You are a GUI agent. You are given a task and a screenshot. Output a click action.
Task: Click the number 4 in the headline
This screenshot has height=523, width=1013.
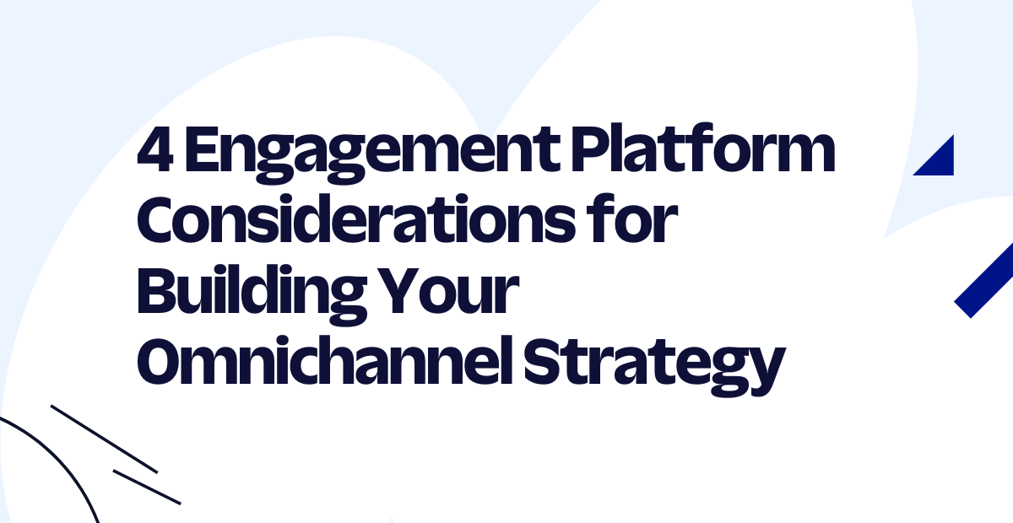[155, 149]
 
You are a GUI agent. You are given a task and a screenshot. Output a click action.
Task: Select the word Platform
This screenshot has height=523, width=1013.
[703, 148]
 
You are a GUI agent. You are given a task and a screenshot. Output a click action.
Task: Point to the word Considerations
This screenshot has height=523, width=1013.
[356, 219]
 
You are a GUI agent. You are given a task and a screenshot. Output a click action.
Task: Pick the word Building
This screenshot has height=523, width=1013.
[252, 294]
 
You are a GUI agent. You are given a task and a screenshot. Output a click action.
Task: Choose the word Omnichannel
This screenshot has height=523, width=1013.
[325, 360]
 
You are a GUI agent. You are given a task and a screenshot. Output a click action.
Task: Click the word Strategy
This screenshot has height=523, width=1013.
[654, 367]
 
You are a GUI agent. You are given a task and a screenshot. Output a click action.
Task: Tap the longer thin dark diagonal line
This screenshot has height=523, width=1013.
[104, 439]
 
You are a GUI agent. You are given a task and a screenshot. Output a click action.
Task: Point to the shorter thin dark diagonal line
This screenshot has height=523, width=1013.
[147, 487]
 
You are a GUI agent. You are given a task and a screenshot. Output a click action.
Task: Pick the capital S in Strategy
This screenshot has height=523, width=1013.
[543, 361]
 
